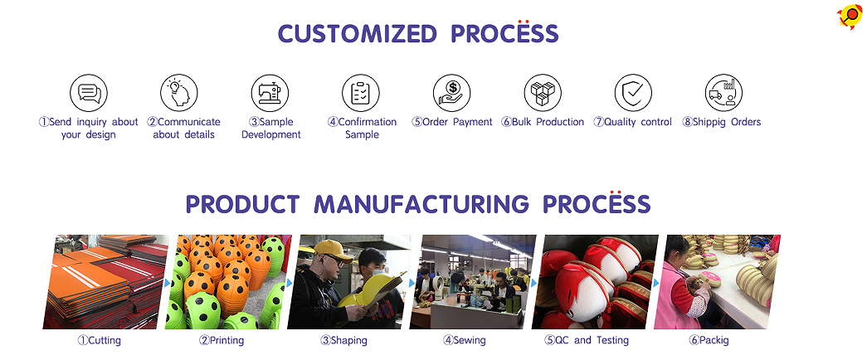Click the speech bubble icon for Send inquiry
click(89, 93)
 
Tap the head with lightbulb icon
click(179, 93)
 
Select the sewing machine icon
click(270, 93)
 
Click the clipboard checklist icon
click(361, 93)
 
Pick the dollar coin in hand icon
click(451, 93)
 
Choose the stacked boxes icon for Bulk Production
click(543, 93)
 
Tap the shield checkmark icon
click(633, 93)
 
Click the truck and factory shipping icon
click(723, 93)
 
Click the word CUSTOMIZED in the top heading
click(357, 34)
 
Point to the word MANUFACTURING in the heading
click(421, 204)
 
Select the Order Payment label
click(451, 122)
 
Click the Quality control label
click(632, 122)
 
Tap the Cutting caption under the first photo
click(99, 341)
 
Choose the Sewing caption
click(464, 341)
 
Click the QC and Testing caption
click(586, 341)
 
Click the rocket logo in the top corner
click(850, 16)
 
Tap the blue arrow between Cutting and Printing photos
click(167, 283)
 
